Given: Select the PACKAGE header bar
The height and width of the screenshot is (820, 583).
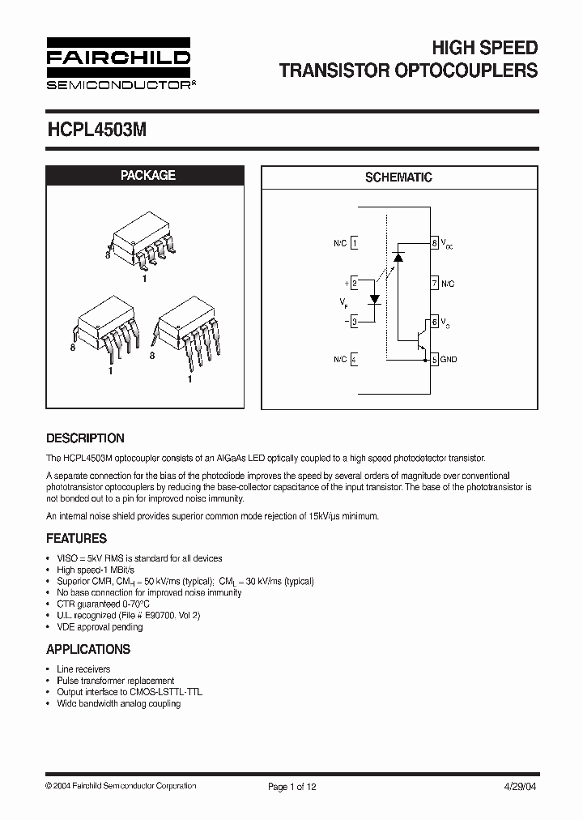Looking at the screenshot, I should coord(147,175).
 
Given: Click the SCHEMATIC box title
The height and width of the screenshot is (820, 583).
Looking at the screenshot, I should coord(398,177).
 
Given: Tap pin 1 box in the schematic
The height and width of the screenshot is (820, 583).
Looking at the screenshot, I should coord(355,243).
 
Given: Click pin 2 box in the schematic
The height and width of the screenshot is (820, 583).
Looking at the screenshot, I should coord(355,283).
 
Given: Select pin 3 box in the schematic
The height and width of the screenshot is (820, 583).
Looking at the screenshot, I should coord(355,322).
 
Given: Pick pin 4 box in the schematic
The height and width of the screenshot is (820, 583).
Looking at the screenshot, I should coord(355,359).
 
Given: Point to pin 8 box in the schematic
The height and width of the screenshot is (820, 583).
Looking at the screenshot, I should coord(435,243).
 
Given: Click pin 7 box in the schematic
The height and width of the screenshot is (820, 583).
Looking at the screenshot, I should coord(435,283).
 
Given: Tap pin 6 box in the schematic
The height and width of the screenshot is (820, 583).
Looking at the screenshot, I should coord(435,322).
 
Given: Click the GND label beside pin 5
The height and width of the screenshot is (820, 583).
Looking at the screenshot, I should coord(449,359).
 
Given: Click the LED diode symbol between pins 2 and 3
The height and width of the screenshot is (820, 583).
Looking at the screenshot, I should coord(375,298).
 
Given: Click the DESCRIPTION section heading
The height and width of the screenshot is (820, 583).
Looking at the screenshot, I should coord(85,438).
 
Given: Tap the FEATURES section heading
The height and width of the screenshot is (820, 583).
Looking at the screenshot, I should coord(76,538).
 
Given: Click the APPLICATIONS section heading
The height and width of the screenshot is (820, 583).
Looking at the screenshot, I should coord(88,649).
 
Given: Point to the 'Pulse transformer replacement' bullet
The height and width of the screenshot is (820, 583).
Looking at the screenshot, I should coord(115,681).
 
